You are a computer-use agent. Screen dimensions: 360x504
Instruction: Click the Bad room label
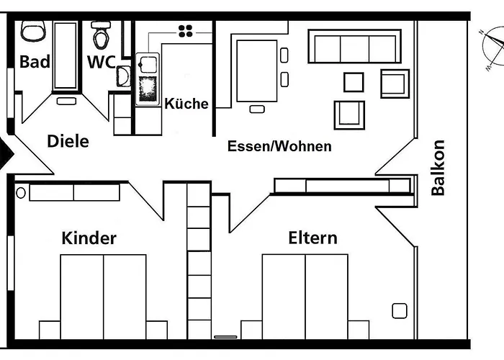(x=35, y=62)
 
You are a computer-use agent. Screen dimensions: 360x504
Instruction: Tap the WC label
(x=101, y=62)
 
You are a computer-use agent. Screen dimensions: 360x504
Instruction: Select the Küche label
(x=186, y=104)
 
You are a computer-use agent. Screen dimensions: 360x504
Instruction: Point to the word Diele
(x=68, y=141)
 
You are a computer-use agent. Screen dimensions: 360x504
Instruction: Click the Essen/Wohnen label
(x=279, y=146)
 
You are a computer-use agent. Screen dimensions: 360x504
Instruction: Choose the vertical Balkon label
(x=438, y=168)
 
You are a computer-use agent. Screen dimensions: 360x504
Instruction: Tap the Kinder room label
(x=89, y=238)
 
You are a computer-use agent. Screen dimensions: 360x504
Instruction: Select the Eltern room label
(x=312, y=238)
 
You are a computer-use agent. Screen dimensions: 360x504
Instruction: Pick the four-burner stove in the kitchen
(x=186, y=30)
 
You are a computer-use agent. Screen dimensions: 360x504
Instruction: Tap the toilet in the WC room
(x=101, y=34)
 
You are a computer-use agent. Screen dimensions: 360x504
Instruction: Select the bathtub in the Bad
(x=66, y=56)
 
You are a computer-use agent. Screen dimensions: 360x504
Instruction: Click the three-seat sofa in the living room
(x=354, y=48)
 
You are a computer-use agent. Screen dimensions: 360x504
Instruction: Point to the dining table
(x=256, y=70)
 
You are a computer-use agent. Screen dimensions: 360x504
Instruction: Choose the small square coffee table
(x=354, y=82)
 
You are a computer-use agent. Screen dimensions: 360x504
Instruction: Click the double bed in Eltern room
(x=305, y=295)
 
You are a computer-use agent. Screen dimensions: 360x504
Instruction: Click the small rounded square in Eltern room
(x=400, y=311)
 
